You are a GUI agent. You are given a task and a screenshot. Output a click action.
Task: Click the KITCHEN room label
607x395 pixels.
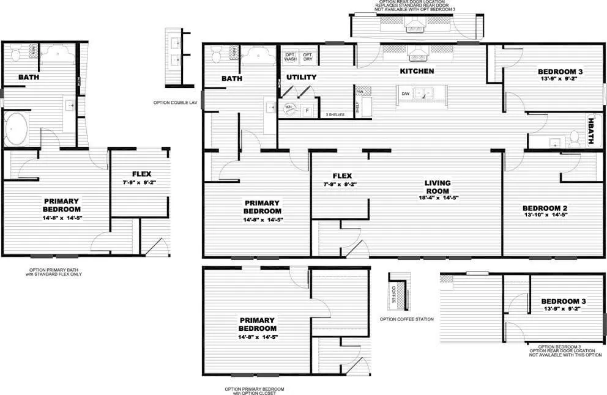pyautogui.click(x=417, y=72)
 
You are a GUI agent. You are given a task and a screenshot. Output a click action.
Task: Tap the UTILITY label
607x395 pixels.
pyautogui.click(x=301, y=78)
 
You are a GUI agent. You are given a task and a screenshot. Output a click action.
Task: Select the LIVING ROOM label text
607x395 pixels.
pyautogui.click(x=438, y=187)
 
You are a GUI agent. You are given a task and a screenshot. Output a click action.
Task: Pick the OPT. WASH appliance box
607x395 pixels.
pyautogui.click(x=290, y=56)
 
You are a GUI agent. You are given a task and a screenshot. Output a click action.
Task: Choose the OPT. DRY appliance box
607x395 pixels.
pyautogui.click(x=308, y=56)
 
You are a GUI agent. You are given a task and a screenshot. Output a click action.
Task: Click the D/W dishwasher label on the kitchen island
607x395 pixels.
pyautogui.click(x=405, y=94)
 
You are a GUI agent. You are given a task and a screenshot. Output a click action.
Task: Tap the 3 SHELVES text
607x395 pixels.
pyautogui.click(x=335, y=114)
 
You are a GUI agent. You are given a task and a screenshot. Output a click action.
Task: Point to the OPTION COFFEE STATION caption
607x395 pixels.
pyautogui.click(x=406, y=319)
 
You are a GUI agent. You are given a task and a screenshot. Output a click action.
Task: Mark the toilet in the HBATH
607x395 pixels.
pyautogui.click(x=575, y=139)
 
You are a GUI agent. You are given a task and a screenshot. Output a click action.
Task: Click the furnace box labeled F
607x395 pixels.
pyautogui.click(x=307, y=111)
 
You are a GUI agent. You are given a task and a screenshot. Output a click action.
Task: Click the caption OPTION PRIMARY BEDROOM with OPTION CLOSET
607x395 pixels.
pyautogui.click(x=254, y=391)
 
